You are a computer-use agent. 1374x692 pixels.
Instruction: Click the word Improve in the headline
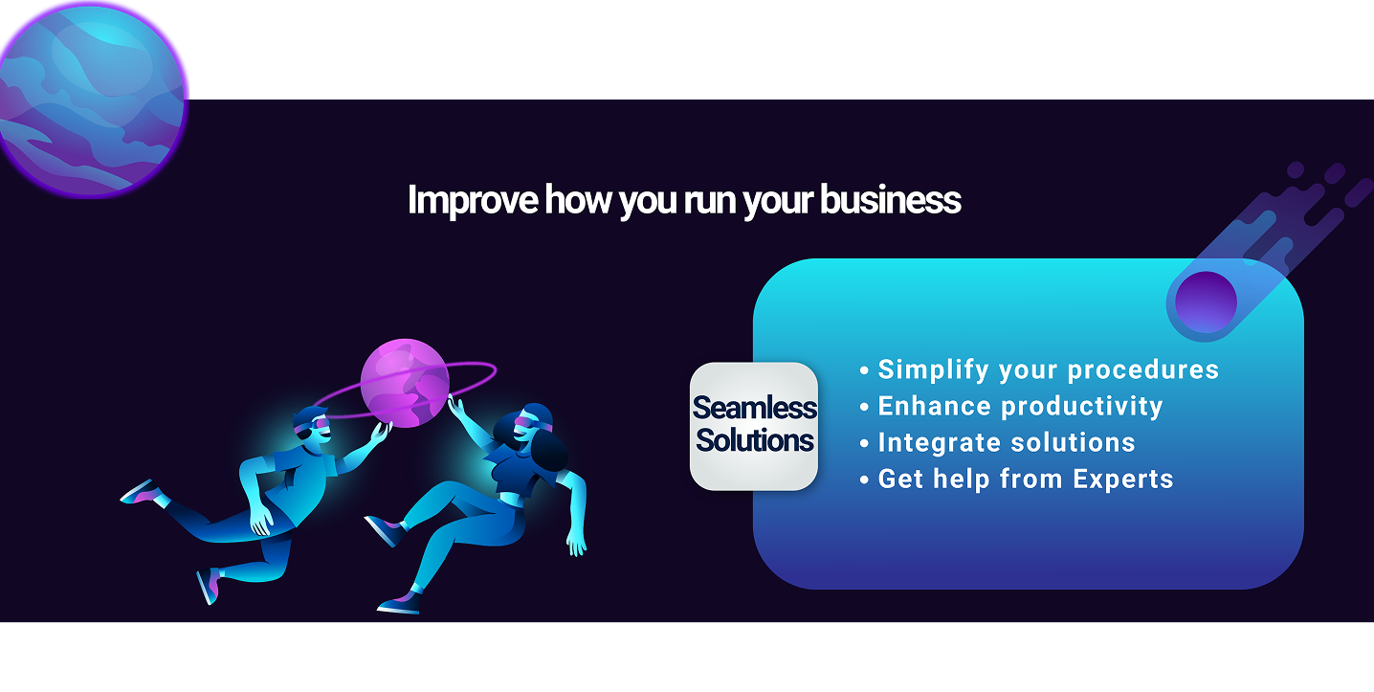click(x=473, y=200)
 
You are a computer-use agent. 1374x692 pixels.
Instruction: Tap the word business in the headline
click(x=890, y=199)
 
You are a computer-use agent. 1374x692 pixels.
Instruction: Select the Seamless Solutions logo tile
click(x=754, y=426)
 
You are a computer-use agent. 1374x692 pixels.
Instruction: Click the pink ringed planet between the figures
click(x=405, y=383)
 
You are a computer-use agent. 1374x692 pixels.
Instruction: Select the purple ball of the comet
click(x=1206, y=302)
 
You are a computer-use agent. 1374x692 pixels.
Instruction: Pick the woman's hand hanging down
click(x=576, y=543)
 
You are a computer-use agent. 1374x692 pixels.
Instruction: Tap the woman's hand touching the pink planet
click(x=455, y=406)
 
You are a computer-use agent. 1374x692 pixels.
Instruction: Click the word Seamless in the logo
click(x=755, y=408)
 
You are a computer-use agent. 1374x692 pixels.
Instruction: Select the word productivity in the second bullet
click(x=1082, y=407)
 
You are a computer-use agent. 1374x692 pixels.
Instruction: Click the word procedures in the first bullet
click(x=1143, y=369)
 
